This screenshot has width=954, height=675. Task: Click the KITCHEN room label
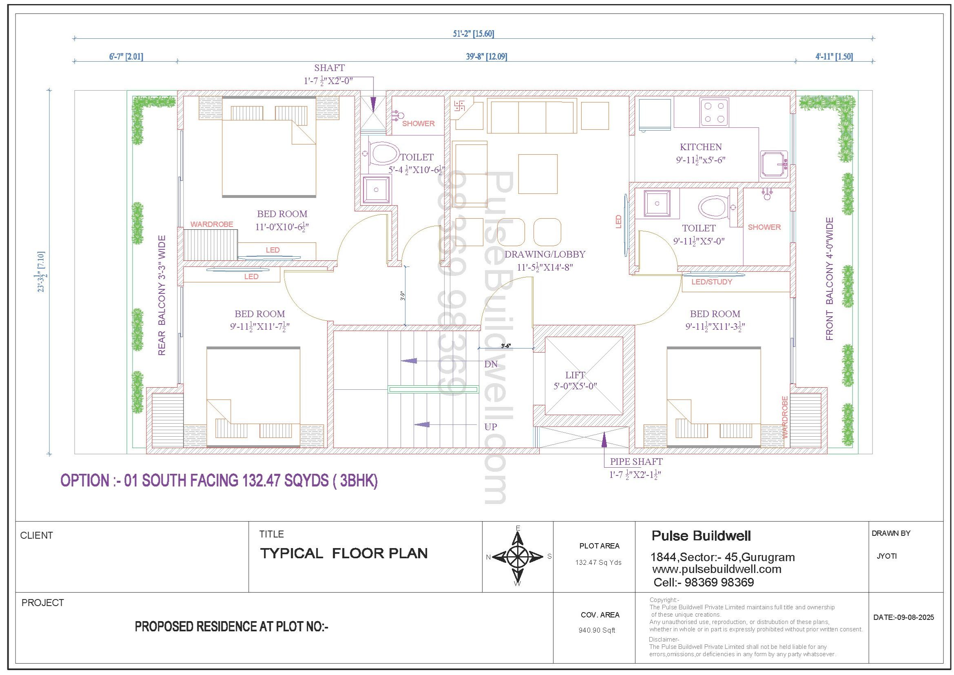click(x=701, y=147)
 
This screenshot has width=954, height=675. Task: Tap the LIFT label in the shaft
click(x=575, y=375)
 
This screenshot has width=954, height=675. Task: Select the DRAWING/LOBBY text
click(x=545, y=254)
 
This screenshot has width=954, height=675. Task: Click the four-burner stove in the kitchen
click(x=714, y=112)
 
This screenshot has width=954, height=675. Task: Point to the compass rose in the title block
click(x=518, y=556)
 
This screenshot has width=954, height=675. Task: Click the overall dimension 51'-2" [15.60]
click(x=473, y=33)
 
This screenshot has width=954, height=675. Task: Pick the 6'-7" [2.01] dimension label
click(x=126, y=57)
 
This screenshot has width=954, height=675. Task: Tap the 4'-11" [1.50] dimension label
click(x=834, y=57)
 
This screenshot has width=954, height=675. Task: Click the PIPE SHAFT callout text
click(x=636, y=462)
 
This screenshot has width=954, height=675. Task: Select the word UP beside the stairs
click(x=491, y=427)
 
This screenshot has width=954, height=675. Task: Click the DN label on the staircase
click(x=491, y=364)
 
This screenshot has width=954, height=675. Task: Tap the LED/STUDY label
click(x=712, y=282)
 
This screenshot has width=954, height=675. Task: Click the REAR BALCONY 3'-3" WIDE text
click(x=162, y=295)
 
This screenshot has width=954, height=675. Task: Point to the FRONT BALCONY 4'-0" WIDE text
click(x=829, y=279)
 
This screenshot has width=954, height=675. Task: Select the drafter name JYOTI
click(x=886, y=556)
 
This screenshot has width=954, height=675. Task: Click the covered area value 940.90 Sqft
click(x=597, y=630)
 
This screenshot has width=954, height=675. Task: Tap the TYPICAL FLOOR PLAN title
click(x=343, y=553)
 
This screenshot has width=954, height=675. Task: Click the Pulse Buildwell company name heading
click(x=701, y=536)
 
